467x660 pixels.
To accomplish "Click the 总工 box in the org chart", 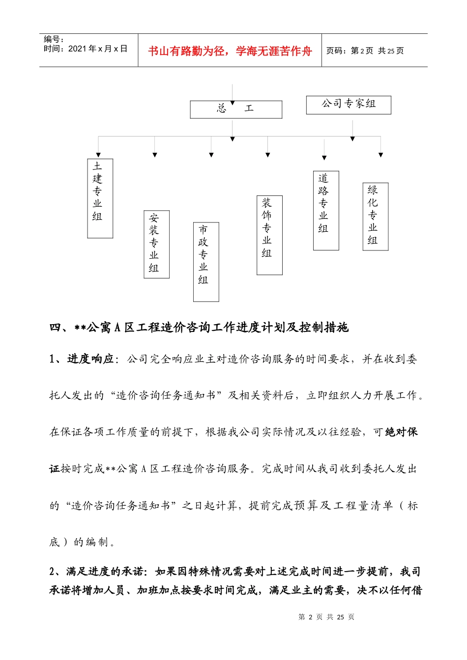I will tap(236, 110).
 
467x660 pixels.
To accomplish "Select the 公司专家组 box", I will tap(349, 105).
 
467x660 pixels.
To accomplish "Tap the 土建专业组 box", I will tap(100, 198).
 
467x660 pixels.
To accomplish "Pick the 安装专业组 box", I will tap(156, 244).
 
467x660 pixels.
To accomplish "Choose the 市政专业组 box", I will tap(206, 262).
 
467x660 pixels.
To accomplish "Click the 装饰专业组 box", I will tap(269, 235).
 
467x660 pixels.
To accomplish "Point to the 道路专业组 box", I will tap(326, 210).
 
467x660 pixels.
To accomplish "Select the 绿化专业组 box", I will tap(376, 217).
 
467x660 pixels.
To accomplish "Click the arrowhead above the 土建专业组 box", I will tap(99, 155).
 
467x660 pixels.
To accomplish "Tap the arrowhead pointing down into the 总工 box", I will tap(233, 103).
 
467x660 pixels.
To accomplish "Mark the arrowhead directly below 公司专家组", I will tap(352, 139).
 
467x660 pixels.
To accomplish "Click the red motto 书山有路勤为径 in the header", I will tap(230, 51).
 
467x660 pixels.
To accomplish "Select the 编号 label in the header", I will tap(54, 39).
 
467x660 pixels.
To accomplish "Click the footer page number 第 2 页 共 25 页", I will tap(326, 617).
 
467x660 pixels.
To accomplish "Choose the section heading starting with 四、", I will tap(199, 327).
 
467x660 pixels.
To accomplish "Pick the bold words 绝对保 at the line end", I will tap(402, 432).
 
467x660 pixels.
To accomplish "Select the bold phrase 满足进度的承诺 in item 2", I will tap(105, 571).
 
